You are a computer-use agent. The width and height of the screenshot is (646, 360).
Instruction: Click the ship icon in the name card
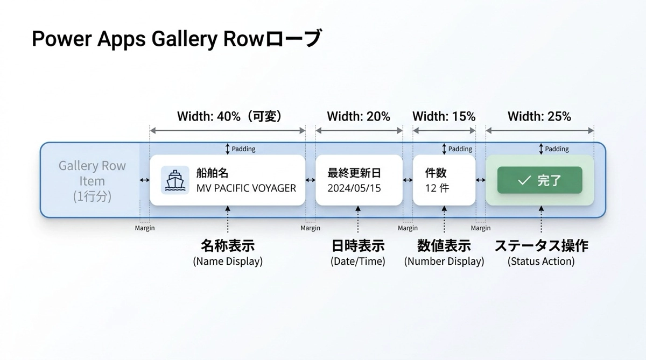click(x=175, y=180)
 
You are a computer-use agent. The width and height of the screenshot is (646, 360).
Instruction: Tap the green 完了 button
click(x=539, y=180)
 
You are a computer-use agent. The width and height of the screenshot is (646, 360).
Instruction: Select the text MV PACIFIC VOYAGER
click(x=246, y=188)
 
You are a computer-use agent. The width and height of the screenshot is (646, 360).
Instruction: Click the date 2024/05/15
click(x=354, y=188)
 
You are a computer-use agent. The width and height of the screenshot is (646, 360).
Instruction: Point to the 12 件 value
click(x=437, y=188)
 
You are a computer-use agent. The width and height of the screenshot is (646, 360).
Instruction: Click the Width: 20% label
click(x=359, y=116)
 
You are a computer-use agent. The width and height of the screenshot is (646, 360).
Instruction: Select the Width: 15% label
click(x=444, y=116)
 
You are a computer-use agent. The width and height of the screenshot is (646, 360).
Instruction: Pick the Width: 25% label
click(x=539, y=116)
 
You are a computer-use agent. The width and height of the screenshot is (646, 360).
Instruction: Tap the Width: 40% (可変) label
click(x=229, y=116)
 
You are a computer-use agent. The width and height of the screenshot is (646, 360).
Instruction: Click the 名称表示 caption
click(x=228, y=246)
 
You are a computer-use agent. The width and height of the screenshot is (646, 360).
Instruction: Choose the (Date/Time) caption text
click(x=357, y=261)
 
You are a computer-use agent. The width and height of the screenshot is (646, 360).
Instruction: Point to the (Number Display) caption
click(x=444, y=261)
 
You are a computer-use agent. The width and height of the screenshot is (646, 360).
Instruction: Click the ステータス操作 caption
click(x=541, y=246)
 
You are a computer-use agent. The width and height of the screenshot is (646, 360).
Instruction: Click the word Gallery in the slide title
click(x=185, y=39)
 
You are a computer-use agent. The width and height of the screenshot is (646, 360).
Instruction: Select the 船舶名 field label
click(x=212, y=173)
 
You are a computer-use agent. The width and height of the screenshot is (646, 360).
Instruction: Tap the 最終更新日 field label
click(x=354, y=173)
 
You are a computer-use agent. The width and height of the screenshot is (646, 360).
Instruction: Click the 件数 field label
click(x=436, y=173)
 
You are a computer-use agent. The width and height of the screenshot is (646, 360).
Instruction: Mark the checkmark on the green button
click(x=524, y=180)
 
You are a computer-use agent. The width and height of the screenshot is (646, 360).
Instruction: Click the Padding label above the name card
click(x=243, y=149)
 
